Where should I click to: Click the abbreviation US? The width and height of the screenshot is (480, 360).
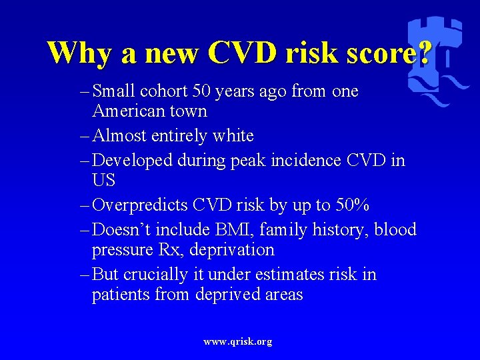[103, 181]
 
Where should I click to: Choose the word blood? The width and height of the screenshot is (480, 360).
[395, 230]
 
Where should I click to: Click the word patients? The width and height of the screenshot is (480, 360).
[121, 295]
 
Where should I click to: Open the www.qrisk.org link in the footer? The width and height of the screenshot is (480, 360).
[238, 342]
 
